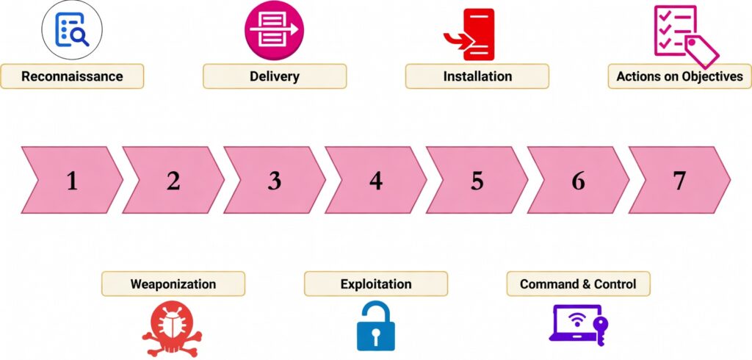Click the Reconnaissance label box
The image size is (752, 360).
tap(72, 76)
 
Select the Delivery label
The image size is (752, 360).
tap(274, 76)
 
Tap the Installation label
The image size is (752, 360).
tap(477, 76)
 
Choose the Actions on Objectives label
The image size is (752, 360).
tap(679, 76)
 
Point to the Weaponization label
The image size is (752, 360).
tap(173, 284)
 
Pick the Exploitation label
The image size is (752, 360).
tap(376, 284)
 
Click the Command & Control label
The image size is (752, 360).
tap(578, 284)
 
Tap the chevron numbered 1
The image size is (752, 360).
tap(71, 180)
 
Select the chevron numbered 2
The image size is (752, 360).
tap(173, 180)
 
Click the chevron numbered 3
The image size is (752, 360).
tap(275, 180)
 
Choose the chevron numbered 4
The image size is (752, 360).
tap(376, 180)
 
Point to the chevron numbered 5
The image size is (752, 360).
tap(477, 180)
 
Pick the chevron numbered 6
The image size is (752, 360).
tap(579, 180)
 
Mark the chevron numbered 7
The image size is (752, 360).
tap(679, 180)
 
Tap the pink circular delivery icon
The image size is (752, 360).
tap(274, 30)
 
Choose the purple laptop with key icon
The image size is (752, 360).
tap(579, 323)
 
